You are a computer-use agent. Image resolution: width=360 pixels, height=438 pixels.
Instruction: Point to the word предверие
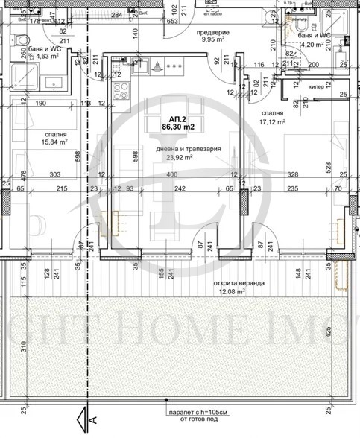[x=212, y=34]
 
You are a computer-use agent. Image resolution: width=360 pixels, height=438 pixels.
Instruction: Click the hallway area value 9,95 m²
[x=212, y=42]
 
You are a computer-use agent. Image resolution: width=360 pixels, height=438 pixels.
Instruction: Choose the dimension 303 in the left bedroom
[x=56, y=174]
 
